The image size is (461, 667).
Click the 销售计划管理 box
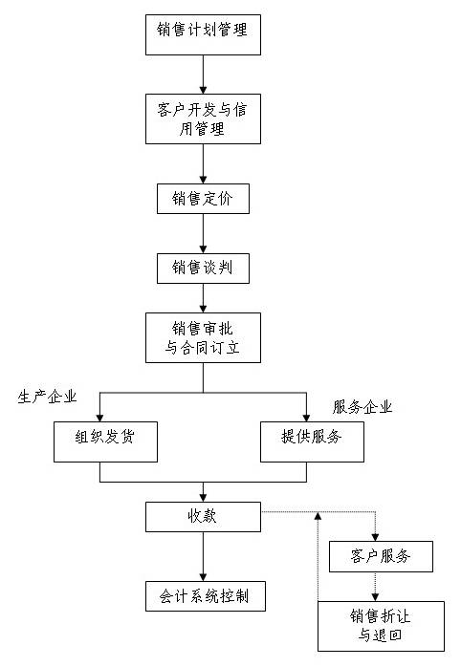tap(203, 35)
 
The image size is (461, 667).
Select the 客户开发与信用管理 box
tap(203, 118)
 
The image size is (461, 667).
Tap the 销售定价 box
tap(203, 199)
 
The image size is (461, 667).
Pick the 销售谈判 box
tap(203, 269)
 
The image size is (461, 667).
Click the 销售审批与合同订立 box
tap(203, 337)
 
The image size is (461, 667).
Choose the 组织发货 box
tap(105, 442)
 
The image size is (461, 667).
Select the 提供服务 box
tap(312, 442)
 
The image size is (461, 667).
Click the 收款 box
tap(203, 517)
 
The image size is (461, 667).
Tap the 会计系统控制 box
tap(206, 596)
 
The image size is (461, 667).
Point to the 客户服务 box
tap(381, 556)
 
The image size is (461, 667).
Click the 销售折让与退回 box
tap(381, 626)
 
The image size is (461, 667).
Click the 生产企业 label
tap(47, 397)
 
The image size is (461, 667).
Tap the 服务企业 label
tap(362, 407)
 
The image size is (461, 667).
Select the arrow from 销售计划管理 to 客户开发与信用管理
tap(203, 75)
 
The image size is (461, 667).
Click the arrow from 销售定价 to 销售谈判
tap(203, 233)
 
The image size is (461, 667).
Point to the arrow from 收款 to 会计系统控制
tap(203, 557)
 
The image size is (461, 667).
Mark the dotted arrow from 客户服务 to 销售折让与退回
tap(375, 587)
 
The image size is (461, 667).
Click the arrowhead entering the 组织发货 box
tap(100, 418)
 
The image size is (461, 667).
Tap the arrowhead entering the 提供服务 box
tap(306, 418)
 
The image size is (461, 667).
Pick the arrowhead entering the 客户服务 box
tap(375, 537)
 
